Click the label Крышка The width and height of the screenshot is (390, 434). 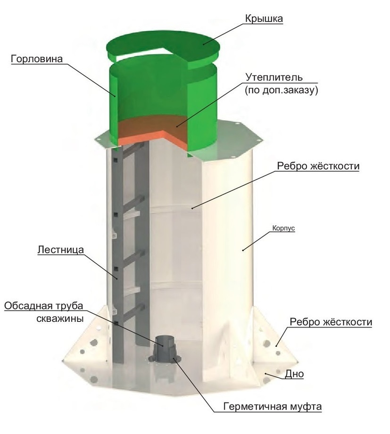click(x=264, y=18)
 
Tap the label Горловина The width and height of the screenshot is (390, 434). click(x=37, y=59)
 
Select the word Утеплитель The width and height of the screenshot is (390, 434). click(x=274, y=77)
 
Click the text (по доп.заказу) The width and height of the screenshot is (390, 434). click(x=281, y=90)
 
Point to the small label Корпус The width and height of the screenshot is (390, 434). click(x=283, y=229)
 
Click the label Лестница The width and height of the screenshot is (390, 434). click(x=60, y=250)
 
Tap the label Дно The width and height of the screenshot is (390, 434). click(x=294, y=374)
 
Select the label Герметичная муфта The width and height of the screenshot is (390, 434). click(x=273, y=407)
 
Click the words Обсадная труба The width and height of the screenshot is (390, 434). click(x=44, y=306)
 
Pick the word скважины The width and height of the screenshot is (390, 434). click(x=60, y=319)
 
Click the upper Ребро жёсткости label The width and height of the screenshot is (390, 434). click(x=318, y=166)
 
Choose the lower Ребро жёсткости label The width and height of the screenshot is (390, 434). click(x=331, y=322)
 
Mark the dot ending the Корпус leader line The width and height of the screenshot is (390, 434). click(x=243, y=250)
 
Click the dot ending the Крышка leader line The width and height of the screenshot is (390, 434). click(x=203, y=44)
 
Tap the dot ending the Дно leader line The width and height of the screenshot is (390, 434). click(x=265, y=374)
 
